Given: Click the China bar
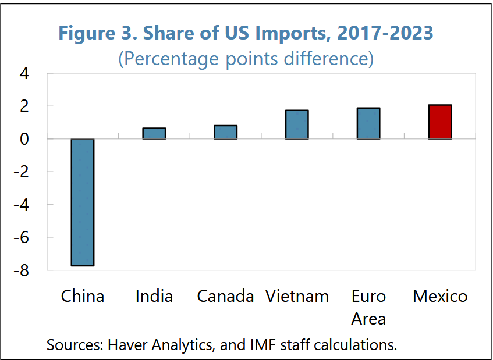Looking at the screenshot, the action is pyautogui.click(x=83, y=202).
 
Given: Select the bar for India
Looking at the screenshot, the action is pyautogui.click(x=154, y=133).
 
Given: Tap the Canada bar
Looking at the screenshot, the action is pyautogui.click(x=225, y=132).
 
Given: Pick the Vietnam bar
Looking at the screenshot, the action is pyautogui.click(x=297, y=124).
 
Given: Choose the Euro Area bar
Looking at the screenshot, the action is pyautogui.click(x=368, y=123).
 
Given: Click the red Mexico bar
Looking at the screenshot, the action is pyautogui.click(x=440, y=122).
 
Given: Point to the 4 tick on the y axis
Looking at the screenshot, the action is pyautogui.click(x=24, y=74).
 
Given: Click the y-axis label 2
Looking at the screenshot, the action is pyautogui.click(x=24, y=106).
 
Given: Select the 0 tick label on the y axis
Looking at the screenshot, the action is pyautogui.click(x=24, y=139).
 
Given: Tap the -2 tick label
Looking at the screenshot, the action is pyautogui.click(x=22, y=172).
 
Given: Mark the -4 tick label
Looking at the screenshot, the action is pyautogui.click(x=22, y=205).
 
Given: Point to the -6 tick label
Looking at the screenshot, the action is pyautogui.click(x=22, y=237).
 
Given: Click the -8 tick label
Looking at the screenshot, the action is pyautogui.click(x=22, y=270).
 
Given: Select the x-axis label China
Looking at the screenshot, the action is pyautogui.click(x=83, y=296).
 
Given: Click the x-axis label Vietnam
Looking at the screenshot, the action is pyautogui.click(x=297, y=296).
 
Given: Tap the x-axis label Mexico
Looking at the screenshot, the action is pyautogui.click(x=440, y=296).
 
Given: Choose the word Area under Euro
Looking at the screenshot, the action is pyautogui.click(x=368, y=319).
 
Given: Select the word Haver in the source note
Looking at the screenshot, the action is pyautogui.click(x=128, y=345).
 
